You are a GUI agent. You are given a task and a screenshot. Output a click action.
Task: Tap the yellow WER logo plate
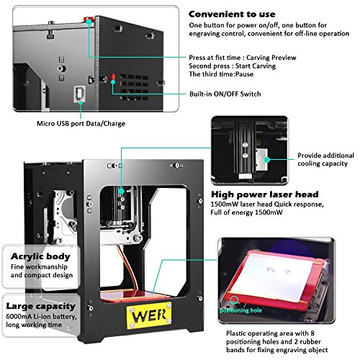point(159,315)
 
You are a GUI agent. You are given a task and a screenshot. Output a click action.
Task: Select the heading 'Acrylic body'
point(37,255)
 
